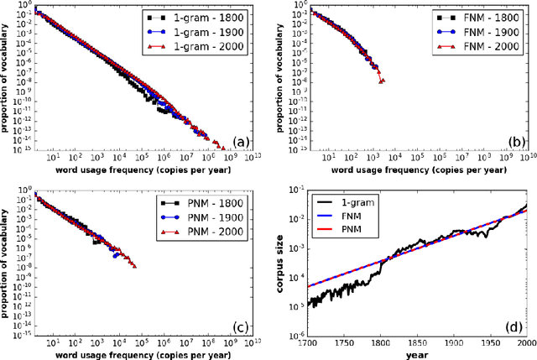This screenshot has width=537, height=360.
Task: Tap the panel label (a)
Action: [x=239, y=143]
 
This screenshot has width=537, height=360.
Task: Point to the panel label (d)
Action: [x=514, y=324]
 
